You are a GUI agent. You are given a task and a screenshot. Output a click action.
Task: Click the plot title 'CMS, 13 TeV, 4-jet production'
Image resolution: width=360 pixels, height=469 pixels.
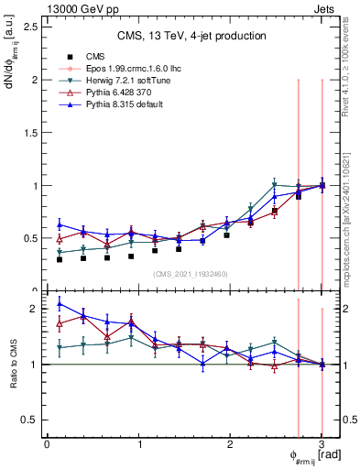coord(192,37)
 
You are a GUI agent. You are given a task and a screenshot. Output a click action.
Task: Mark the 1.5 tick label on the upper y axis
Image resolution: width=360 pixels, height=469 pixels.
coord(31,132)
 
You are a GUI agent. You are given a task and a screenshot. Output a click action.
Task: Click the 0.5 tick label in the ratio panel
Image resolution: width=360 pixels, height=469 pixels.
coord(31,420)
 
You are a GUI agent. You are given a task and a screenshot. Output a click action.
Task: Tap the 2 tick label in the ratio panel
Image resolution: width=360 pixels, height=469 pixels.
coord(37,309)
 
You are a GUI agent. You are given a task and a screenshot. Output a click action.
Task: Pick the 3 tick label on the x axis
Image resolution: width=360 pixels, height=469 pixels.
coord(322,443)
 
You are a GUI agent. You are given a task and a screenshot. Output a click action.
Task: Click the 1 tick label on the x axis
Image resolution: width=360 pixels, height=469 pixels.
coord(138,443)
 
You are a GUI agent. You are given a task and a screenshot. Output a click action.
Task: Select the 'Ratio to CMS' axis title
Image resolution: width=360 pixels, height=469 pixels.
coord(14,365)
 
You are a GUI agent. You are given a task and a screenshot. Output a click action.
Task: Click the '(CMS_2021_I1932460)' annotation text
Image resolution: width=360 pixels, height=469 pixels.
coord(192,274)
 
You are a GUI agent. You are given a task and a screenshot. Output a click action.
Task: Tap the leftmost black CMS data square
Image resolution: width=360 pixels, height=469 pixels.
coord(60,259)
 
